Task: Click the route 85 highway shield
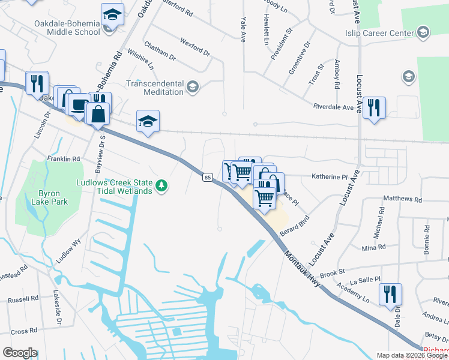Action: point(208,177)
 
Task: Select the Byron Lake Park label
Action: point(53,197)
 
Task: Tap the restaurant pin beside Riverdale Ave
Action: point(374,108)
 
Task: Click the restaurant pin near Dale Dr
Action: point(390,294)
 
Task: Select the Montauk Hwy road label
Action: point(305,268)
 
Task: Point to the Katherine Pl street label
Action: point(329,177)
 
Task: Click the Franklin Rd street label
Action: point(64,159)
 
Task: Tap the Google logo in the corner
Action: point(20,353)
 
